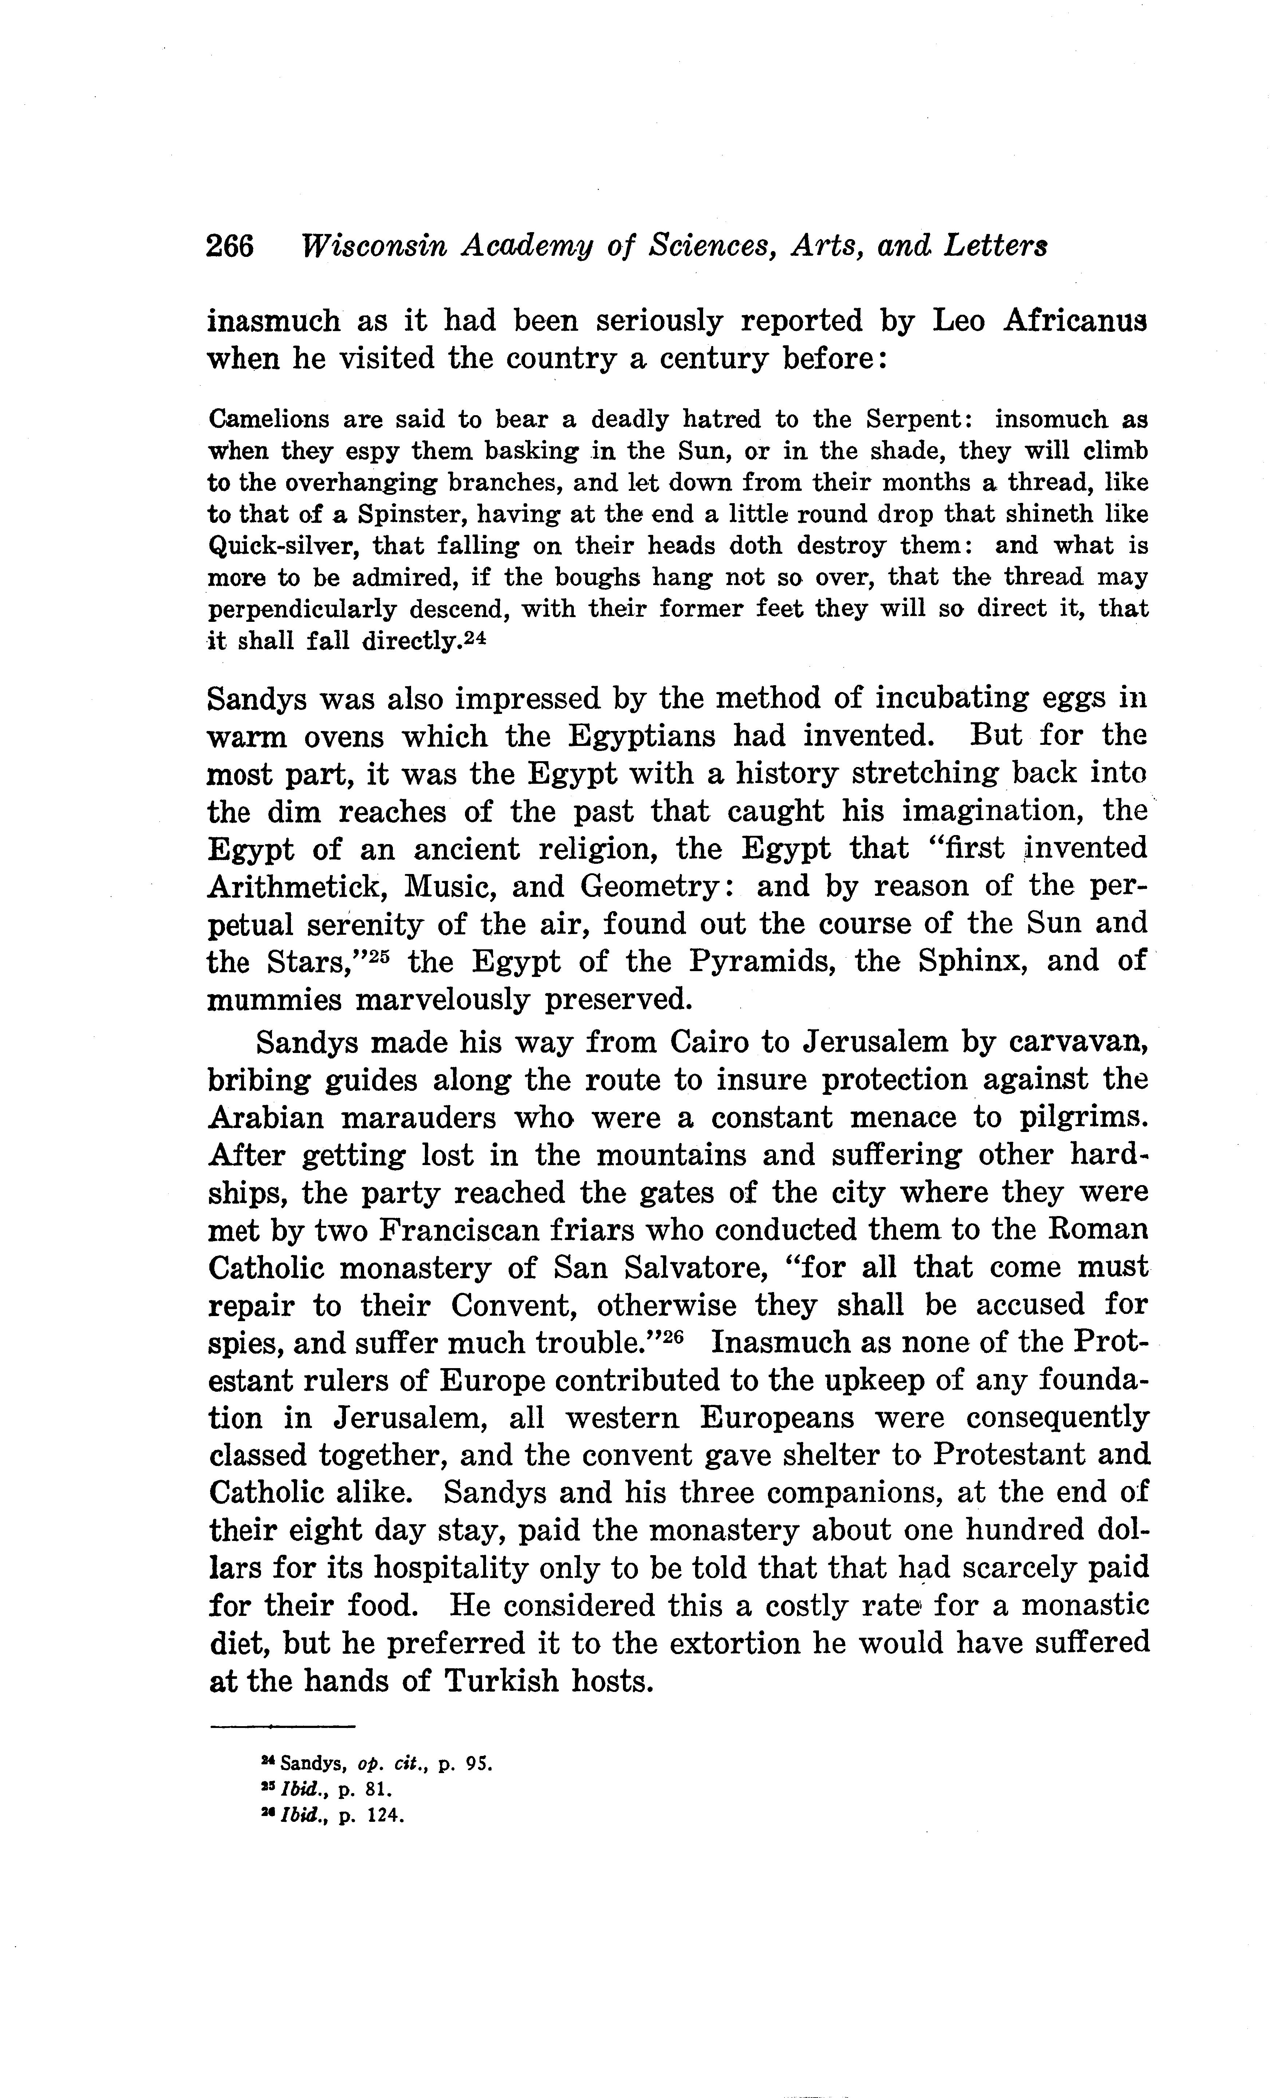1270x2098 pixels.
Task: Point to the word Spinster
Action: pyautogui.click(x=413, y=514)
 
